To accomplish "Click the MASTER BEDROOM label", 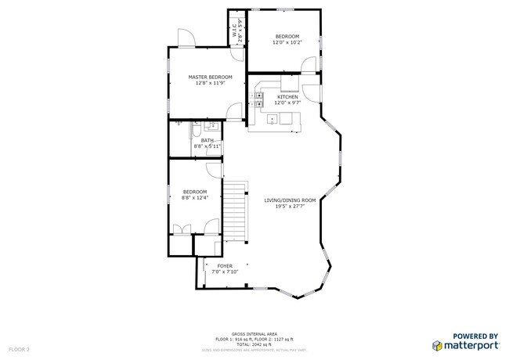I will [x=211, y=77].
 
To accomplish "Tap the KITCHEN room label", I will [x=287, y=97].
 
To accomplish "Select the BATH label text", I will [x=207, y=140].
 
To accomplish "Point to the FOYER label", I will [x=224, y=266].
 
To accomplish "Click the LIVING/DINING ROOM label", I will [x=289, y=200].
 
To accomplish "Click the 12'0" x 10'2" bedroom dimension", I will [x=287, y=43].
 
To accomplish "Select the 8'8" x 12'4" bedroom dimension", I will [x=195, y=198].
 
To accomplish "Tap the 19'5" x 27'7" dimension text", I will [x=289, y=207].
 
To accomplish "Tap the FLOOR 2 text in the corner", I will [x=19, y=348].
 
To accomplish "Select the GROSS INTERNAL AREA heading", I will [x=254, y=333].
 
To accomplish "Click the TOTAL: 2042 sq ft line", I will [x=254, y=344].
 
